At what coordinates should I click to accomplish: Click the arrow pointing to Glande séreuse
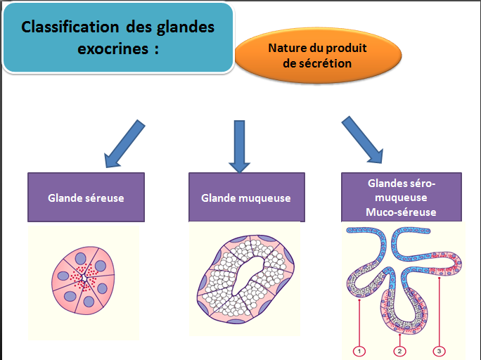[124, 144]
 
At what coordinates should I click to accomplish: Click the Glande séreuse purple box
[86, 198]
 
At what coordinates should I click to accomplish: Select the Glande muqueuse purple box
[246, 198]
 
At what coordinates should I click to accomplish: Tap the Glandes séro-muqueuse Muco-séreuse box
[402, 198]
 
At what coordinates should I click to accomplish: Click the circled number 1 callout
[359, 349]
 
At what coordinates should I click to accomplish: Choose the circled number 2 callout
[399, 349]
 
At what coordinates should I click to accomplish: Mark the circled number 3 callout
[438, 349]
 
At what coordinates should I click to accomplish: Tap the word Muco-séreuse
[402, 212]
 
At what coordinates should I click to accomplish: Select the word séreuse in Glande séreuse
[105, 198]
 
